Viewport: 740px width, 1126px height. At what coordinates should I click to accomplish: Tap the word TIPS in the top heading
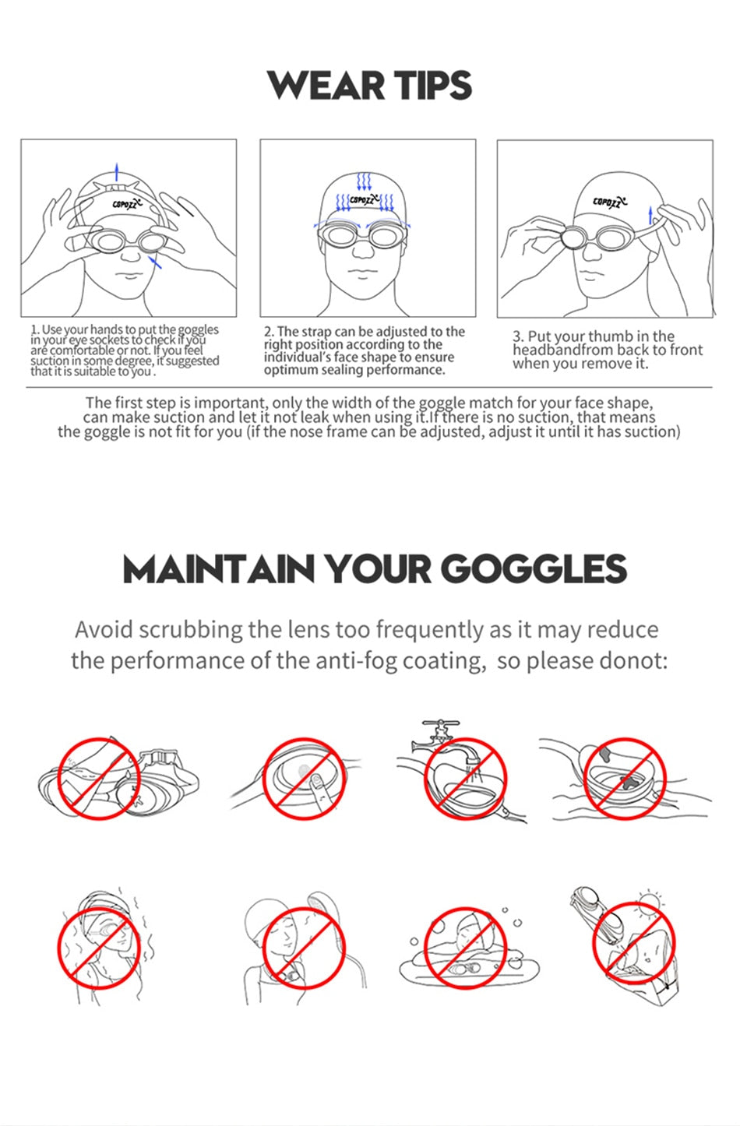click(432, 86)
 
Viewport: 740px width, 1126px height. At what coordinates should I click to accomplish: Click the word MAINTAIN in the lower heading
click(220, 569)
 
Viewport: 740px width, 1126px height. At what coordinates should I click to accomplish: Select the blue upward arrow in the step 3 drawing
click(650, 215)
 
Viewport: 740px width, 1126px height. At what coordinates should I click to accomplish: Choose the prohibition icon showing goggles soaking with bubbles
click(465, 946)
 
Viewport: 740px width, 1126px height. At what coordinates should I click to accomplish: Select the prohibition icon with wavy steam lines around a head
click(97, 946)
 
